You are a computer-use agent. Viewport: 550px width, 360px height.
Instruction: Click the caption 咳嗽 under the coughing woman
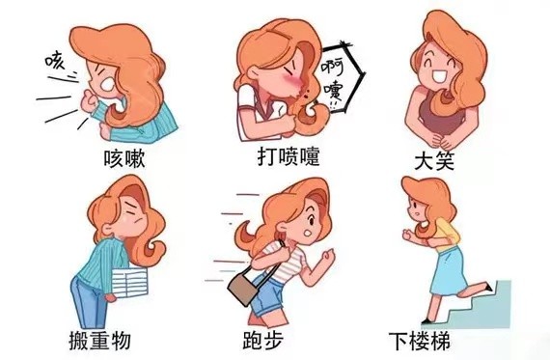tap(124, 159)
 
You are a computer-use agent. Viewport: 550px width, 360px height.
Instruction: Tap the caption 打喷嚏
tap(289, 157)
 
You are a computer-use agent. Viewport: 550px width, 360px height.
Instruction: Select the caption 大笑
tap(434, 161)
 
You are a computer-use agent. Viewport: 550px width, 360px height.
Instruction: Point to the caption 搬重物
tap(100, 341)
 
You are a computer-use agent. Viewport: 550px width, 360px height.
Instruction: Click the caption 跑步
tap(263, 340)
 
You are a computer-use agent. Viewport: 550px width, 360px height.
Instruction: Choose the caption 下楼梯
tap(420, 341)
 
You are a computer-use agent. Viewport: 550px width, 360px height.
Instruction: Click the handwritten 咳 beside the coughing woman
tap(55, 60)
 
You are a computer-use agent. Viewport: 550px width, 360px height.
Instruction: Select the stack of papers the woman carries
tap(129, 283)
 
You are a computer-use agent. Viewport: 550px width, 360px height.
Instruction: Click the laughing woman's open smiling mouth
tap(439, 76)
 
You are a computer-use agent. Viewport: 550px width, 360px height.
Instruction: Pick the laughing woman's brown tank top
tap(441, 115)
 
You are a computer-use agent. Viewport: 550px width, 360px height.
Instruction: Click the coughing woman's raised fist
tap(89, 100)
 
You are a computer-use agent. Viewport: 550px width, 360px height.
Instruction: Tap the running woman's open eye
tap(311, 221)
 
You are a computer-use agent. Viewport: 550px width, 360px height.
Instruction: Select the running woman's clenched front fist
tap(328, 257)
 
